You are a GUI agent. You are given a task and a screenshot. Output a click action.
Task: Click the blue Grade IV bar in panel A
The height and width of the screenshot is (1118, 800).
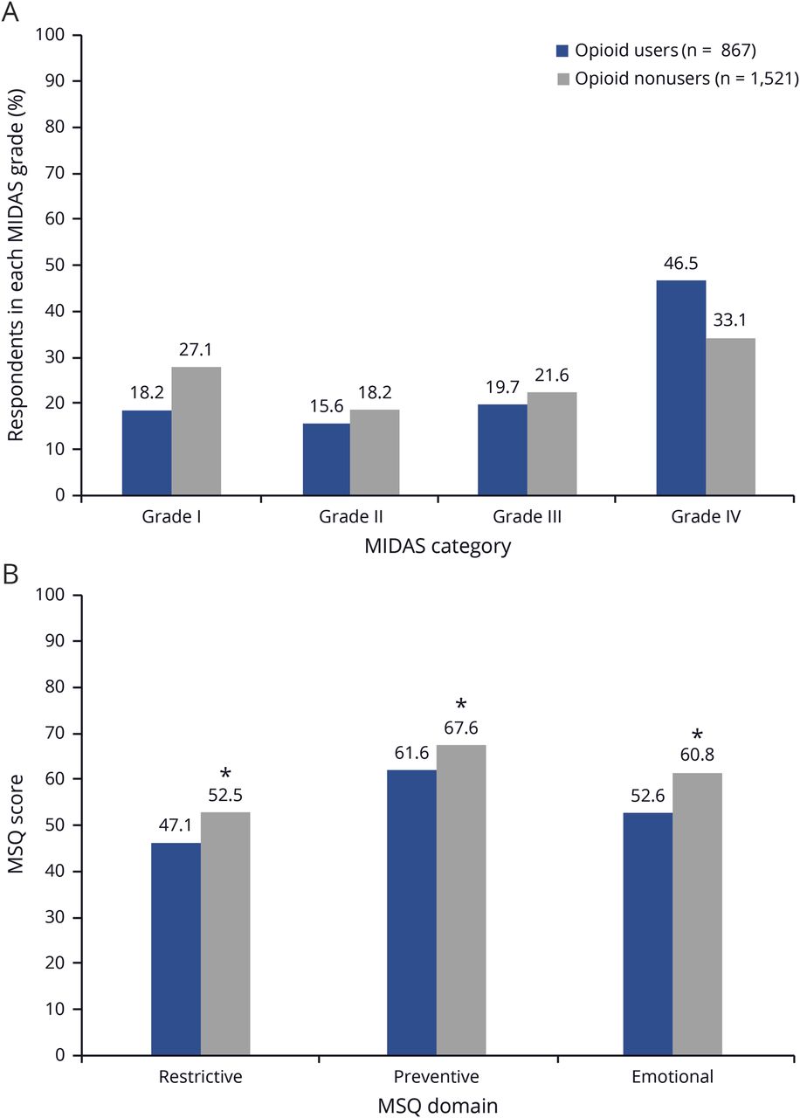point(681,388)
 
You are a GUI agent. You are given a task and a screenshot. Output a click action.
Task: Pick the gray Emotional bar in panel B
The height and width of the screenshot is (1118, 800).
point(697,914)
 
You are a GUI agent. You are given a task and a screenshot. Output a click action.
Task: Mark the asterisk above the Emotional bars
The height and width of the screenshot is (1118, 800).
point(697,735)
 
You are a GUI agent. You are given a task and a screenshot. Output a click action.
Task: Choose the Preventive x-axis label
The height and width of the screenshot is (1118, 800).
point(437,1076)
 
